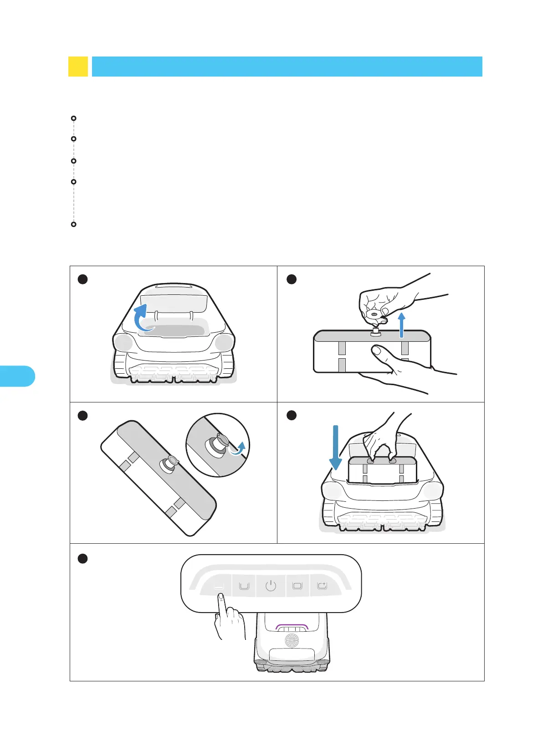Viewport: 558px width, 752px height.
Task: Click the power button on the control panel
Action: (271, 586)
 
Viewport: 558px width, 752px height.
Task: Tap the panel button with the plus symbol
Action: (322, 586)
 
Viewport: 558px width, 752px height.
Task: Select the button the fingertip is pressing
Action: (219, 587)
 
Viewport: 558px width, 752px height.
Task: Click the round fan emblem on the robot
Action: (292, 640)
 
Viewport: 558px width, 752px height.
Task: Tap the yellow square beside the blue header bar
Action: (78, 67)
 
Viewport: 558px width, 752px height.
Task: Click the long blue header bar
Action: (287, 67)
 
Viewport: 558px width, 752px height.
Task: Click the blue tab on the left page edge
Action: (17, 376)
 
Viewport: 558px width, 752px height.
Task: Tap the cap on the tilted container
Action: (168, 463)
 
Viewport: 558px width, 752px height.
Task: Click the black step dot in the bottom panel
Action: (82, 559)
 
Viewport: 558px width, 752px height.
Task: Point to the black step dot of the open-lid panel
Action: (82, 279)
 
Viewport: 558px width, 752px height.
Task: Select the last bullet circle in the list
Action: (74, 225)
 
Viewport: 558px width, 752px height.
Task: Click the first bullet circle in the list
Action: (74, 118)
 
